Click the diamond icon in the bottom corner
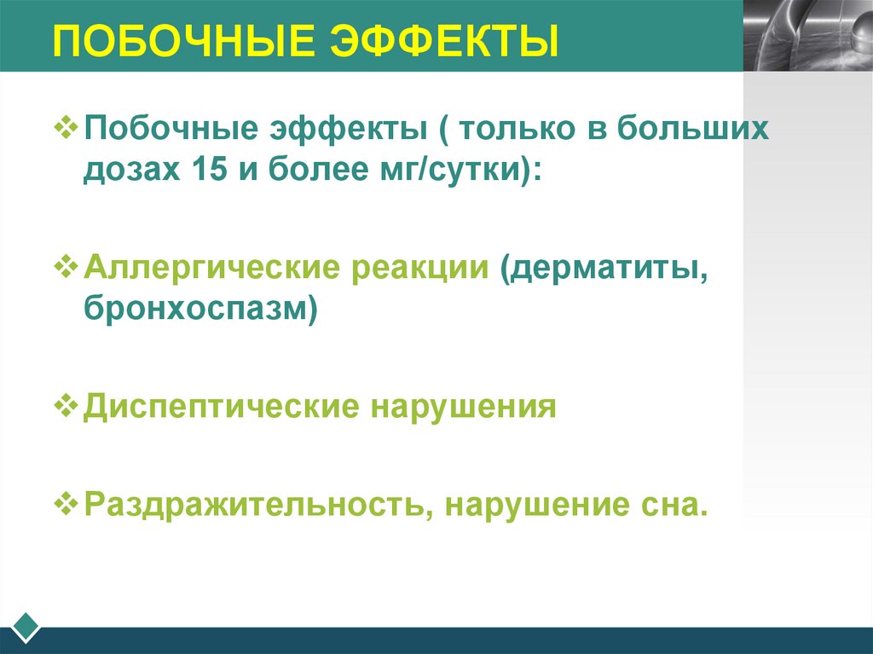pos(26,627)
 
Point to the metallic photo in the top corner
pos(807,35)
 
